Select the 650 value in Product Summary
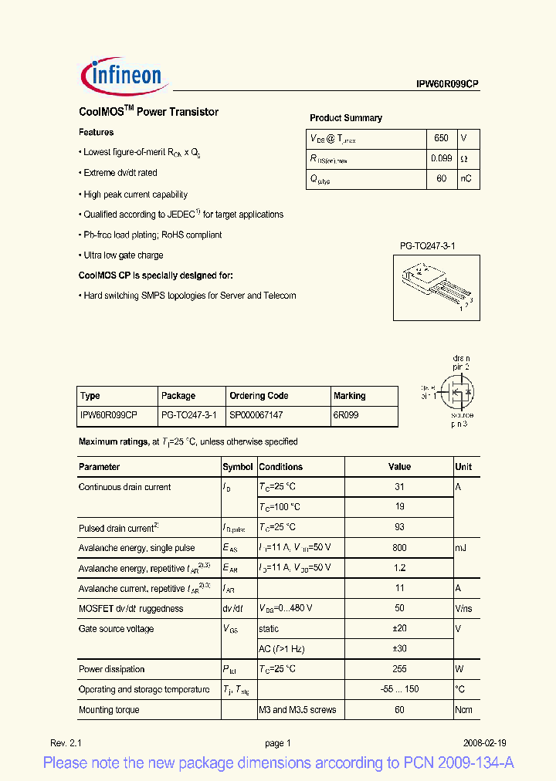[441, 138]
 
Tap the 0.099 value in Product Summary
[441, 158]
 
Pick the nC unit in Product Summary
[466, 178]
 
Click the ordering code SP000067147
[256, 415]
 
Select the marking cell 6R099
[346, 415]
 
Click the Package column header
[178, 396]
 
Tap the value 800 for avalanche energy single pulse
[399, 548]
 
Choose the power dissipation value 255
[399, 669]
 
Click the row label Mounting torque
[109, 710]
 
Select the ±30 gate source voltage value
[399, 649]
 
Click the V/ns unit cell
[465, 609]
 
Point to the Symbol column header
[238, 467]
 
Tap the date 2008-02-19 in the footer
[485, 743]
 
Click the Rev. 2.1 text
[66, 743]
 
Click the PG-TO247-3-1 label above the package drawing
[427, 246]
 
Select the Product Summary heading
[346, 118]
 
